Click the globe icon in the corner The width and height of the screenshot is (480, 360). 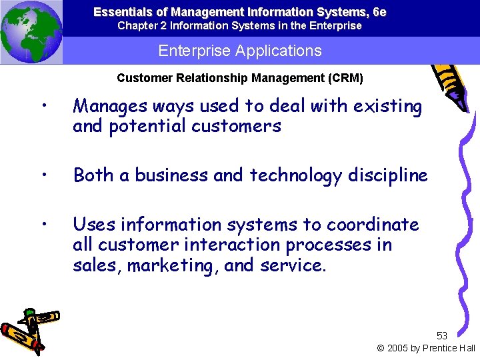pos(31,31)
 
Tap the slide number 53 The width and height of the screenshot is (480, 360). pos(441,335)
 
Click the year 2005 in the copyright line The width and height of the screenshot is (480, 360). pos(399,348)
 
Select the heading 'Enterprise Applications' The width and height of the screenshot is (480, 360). pos(240,51)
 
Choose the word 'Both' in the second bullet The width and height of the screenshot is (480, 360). pos(93,175)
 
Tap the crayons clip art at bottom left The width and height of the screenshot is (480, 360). pos(29,329)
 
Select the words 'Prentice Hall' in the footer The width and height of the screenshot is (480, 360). pos(448,348)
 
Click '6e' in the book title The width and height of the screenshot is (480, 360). pos(379,12)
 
